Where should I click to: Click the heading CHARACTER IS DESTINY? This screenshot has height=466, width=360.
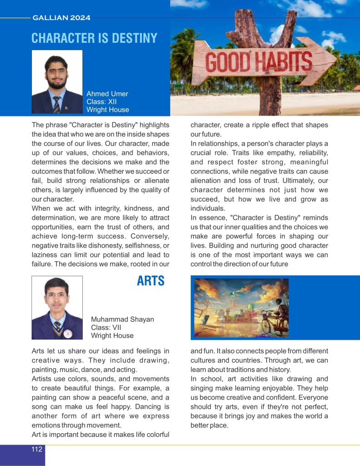[x=94, y=38]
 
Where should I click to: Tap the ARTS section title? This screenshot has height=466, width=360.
[x=151, y=281]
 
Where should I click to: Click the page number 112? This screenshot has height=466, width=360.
[x=37, y=449]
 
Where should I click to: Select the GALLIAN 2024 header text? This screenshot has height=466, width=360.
[x=61, y=18]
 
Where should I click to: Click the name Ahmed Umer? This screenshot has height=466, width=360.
[x=107, y=94]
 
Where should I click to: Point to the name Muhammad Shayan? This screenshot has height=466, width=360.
[x=122, y=319]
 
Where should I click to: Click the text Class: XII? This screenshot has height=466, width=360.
[x=101, y=101]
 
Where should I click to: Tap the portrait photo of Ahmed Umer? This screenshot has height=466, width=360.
[x=57, y=82]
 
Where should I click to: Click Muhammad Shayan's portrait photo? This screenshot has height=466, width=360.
[x=57, y=308]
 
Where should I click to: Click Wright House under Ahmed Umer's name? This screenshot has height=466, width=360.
[x=107, y=110]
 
